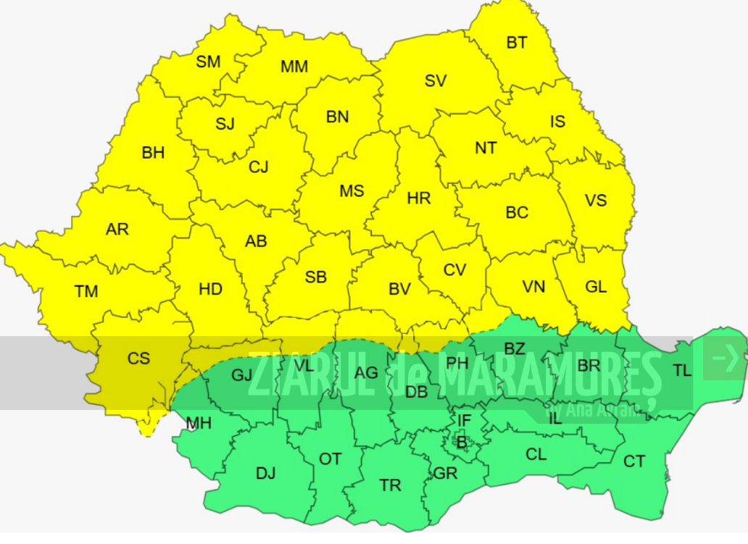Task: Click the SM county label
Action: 208,62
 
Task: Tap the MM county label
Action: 294,67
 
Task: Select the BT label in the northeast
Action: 517,43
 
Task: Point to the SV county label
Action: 436,81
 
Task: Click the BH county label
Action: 153,153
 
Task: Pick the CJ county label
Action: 259,167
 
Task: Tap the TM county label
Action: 86,292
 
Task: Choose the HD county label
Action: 210,290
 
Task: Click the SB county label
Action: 316,277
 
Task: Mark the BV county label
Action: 399,289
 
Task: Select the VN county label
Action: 533,287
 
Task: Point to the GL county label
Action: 596,287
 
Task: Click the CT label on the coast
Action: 634,461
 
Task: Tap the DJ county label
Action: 266,473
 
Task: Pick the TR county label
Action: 390,485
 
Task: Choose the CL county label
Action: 536,454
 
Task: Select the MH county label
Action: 199,423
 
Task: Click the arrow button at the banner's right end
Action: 724,356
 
